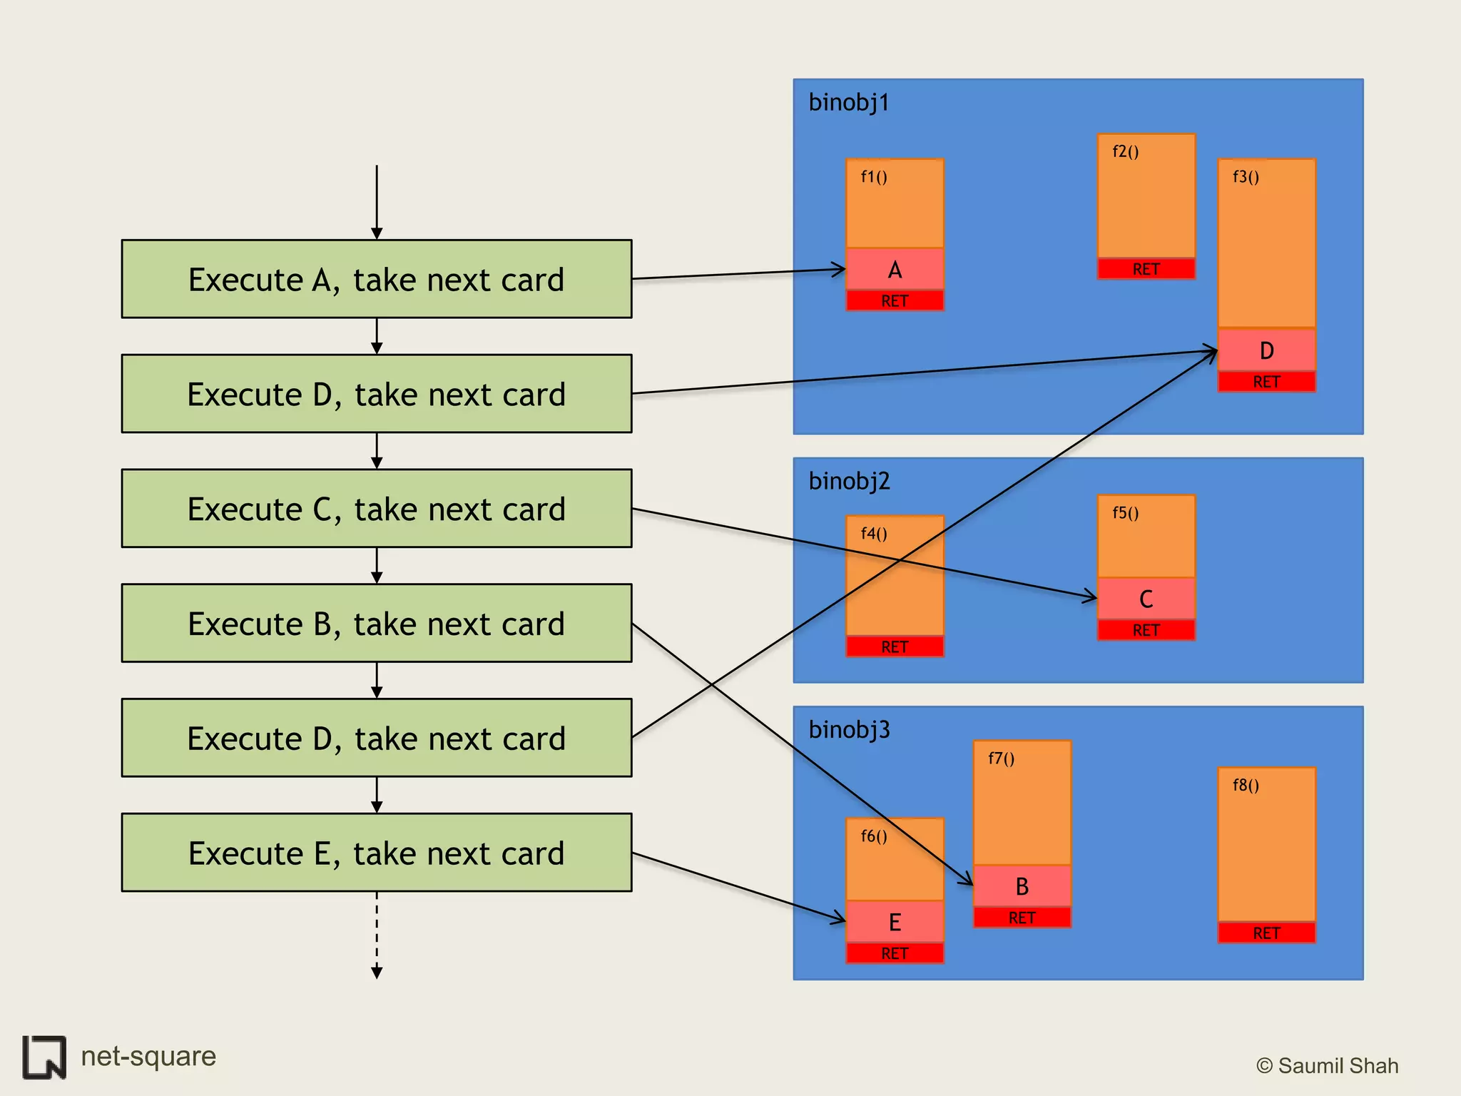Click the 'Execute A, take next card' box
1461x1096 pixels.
pos(377,279)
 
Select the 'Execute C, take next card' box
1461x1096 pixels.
pos(377,509)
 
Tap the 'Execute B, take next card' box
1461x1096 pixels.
pos(377,624)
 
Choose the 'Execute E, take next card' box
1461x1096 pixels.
pos(377,853)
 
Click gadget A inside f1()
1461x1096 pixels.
pos(895,270)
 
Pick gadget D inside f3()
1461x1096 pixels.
pos(1266,350)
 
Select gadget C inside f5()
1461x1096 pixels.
pos(1146,599)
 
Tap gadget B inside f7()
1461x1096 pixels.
pos(1022,886)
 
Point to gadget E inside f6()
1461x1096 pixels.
pos(895,922)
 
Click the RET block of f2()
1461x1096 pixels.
pos(1146,269)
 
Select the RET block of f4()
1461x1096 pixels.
pos(895,646)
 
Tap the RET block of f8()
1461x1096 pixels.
pos(1266,933)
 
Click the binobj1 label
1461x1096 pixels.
pos(849,103)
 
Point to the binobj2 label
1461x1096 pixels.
pos(849,481)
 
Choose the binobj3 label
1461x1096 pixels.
pos(849,729)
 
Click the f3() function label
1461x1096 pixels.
pos(1246,176)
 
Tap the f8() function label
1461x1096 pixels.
pos(1246,785)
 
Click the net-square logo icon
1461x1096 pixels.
pos(44,1057)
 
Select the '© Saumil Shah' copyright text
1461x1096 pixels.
pos(1327,1065)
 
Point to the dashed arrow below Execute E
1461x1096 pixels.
pos(377,935)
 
